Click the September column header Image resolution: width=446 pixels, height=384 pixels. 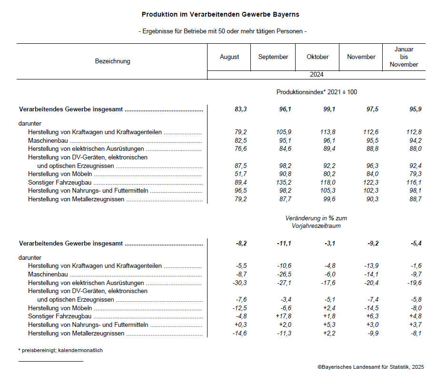coord(273,57)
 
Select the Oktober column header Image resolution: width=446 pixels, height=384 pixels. coord(317,57)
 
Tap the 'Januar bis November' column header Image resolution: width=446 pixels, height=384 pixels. coord(404,57)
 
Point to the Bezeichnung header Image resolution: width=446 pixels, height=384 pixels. coord(112,61)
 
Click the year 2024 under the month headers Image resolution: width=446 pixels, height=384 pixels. coord(317,75)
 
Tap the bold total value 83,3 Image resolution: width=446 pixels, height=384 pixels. coord(240,109)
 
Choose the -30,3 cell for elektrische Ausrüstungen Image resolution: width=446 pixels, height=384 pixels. coord(239,283)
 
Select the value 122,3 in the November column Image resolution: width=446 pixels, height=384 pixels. coord(369,183)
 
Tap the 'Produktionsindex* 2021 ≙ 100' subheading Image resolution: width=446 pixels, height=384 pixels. coord(317,92)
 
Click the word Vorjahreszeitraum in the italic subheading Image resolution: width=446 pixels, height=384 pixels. coord(317,226)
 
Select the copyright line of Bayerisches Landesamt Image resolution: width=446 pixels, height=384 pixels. coord(371,367)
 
